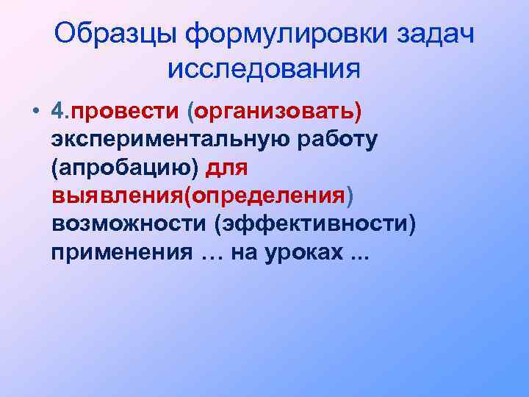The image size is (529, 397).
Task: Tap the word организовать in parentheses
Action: coord(275,111)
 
